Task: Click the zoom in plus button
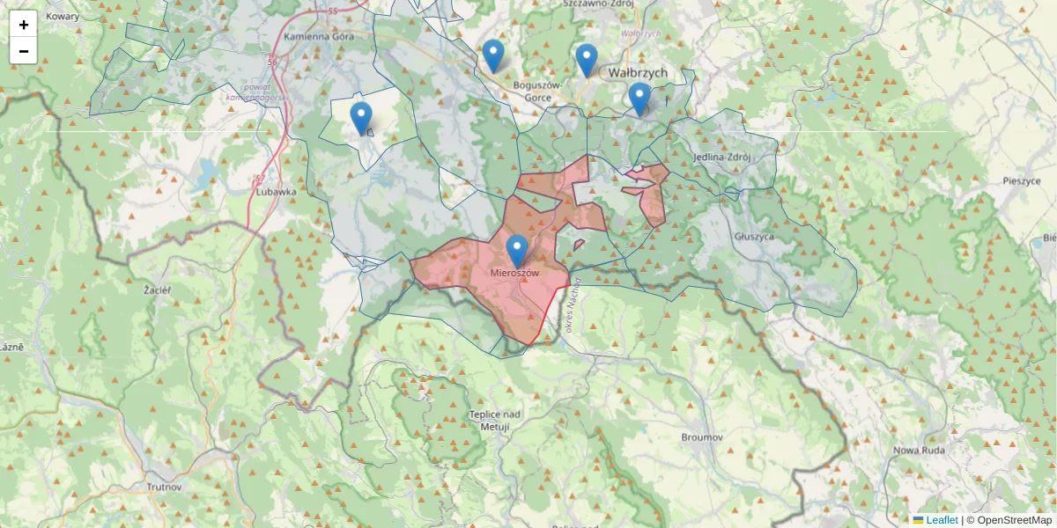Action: pyautogui.click(x=24, y=25)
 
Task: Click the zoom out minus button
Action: pyautogui.click(x=24, y=51)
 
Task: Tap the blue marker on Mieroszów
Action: pyautogui.click(x=517, y=251)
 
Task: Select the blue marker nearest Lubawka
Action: pyautogui.click(x=361, y=118)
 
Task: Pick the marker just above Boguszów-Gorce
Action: pyautogui.click(x=493, y=55)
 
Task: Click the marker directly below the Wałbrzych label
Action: pyautogui.click(x=639, y=99)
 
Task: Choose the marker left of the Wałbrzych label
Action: pyautogui.click(x=587, y=60)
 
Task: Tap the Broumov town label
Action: pyautogui.click(x=702, y=437)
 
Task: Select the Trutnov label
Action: pyautogui.click(x=165, y=487)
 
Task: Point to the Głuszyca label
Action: pyautogui.click(x=753, y=236)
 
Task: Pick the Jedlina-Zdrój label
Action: pyautogui.click(x=721, y=158)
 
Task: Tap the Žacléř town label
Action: pyautogui.click(x=158, y=289)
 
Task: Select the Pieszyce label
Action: pyautogui.click(x=1022, y=180)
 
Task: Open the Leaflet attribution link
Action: pyautogui.click(x=942, y=520)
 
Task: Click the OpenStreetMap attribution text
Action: pyautogui.click(x=1014, y=520)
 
